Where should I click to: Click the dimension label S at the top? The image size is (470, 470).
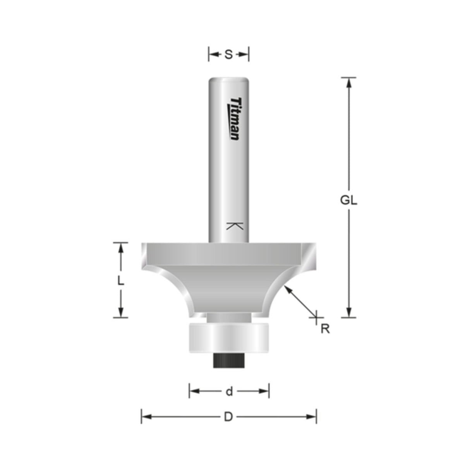click(x=228, y=55)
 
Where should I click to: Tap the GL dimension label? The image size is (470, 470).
click(x=348, y=201)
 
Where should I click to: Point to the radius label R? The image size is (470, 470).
click(x=325, y=329)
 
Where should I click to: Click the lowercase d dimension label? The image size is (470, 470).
click(x=229, y=391)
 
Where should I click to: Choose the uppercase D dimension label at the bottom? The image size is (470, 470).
click(x=228, y=417)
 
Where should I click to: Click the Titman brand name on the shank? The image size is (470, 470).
click(x=234, y=118)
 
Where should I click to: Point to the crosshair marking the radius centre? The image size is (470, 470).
click(x=316, y=317)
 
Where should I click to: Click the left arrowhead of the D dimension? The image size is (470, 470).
click(x=146, y=417)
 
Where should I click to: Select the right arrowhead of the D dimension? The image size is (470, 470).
click(x=311, y=417)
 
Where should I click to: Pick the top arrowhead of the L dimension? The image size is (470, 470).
click(x=121, y=247)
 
